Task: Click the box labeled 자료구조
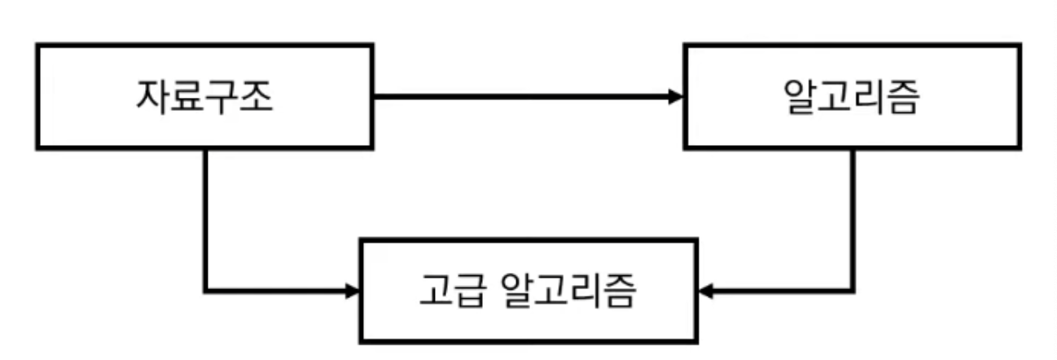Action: [204, 97]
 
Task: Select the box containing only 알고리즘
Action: [852, 97]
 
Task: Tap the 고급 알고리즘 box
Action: [528, 290]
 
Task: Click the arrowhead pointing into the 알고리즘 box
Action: [675, 97]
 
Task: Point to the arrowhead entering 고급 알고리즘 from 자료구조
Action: [353, 290]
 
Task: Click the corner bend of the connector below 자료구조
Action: [205, 290]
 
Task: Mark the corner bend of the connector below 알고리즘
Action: [853, 290]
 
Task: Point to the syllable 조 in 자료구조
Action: [255, 99]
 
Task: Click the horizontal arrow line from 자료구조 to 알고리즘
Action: [521, 97]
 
